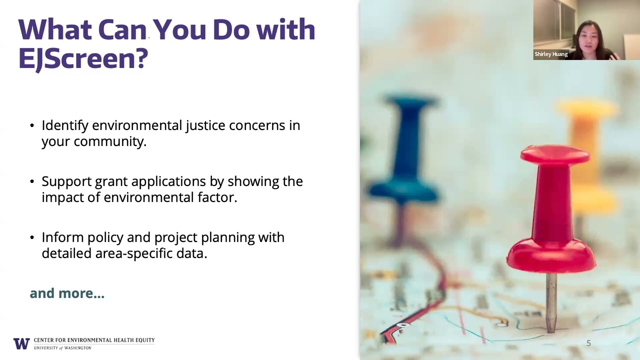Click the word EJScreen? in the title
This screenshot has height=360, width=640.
83,58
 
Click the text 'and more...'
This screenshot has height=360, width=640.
67,293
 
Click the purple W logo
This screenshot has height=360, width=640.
21,343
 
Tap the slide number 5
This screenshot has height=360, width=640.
588,343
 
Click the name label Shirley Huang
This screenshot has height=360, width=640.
551,54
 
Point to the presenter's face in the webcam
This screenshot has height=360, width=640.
588,35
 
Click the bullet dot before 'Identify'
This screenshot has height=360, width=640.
32,125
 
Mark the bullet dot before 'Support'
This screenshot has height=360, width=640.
32,181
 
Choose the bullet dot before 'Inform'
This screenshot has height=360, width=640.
32,237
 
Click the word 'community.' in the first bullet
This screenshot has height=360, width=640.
110,141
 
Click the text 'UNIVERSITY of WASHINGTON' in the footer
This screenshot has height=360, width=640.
62,347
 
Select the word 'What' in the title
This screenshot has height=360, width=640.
55,29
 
